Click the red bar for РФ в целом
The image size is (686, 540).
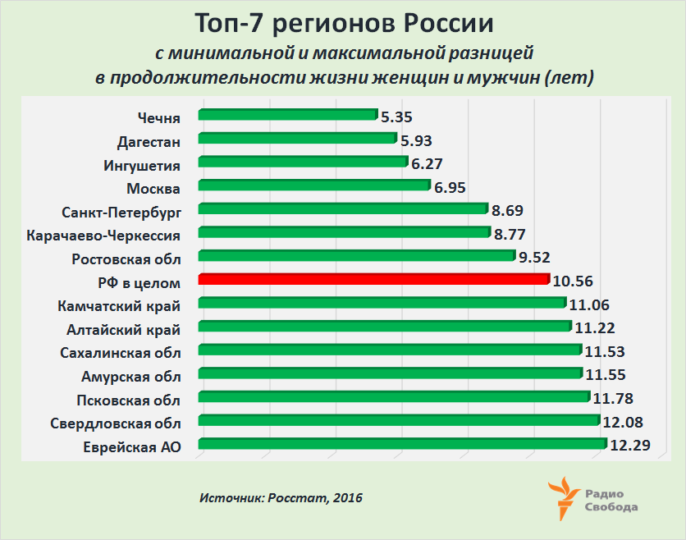point(373,280)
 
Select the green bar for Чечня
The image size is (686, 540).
point(287,115)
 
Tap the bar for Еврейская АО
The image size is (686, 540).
point(402,445)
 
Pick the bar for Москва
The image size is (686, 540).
point(314,185)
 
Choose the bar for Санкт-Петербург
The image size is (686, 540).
point(343,208)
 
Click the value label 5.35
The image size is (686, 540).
point(398,117)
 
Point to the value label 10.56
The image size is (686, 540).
point(573,281)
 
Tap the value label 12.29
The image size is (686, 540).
point(629,446)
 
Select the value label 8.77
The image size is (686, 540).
point(510,234)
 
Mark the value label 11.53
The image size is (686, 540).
point(604,353)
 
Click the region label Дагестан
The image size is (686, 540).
point(149,141)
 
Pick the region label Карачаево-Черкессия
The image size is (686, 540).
point(103,236)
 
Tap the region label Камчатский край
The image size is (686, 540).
point(120,306)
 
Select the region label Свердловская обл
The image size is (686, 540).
point(116,423)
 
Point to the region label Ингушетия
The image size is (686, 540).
point(142,165)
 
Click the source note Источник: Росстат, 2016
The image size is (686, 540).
point(281,498)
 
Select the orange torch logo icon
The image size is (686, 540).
point(564,497)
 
